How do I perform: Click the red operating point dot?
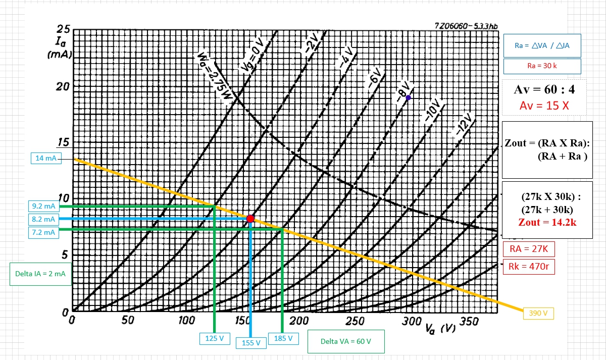tap(250, 219)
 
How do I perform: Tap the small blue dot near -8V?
tap(408, 97)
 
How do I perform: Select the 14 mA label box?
tap(46, 158)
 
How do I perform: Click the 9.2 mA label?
tap(43, 206)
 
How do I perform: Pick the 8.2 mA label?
tap(43, 219)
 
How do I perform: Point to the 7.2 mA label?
tap(43, 232)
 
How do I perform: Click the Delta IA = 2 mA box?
tap(40, 274)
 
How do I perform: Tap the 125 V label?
tap(214, 338)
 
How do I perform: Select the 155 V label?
tap(251, 342)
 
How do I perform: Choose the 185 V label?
tap(283, 338)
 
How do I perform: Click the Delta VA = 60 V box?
tap(345, 341)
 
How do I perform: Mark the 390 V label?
tap(538, 313)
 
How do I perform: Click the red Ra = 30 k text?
tap(541, 66)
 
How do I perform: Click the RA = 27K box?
tap(529, 249)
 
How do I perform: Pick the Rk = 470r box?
tap(529, 265)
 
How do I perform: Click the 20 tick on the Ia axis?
tap(62, 86)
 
